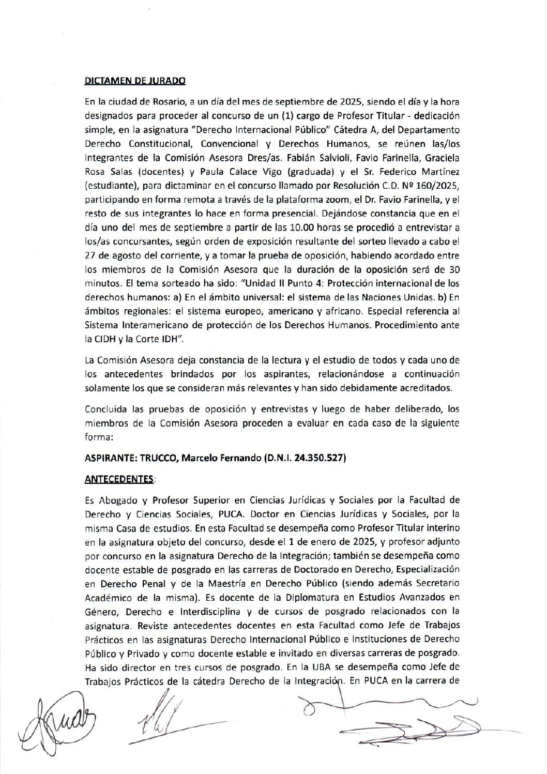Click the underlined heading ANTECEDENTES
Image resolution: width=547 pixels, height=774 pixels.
[119, 479]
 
